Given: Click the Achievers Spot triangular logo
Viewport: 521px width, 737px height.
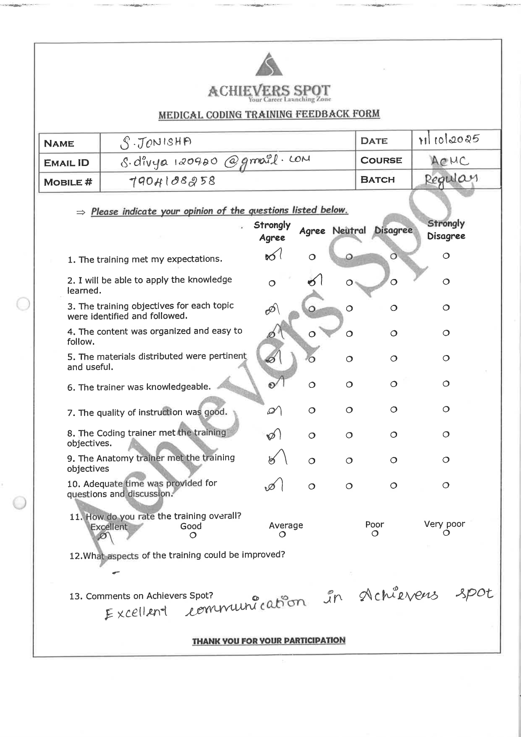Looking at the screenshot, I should coord(269,66).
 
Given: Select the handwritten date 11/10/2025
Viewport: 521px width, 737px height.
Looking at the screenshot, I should coord(448,140).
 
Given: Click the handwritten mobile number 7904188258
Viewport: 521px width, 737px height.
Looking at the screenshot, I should coord(172,182).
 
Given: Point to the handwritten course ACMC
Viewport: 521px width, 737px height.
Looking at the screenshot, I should coord(449,161).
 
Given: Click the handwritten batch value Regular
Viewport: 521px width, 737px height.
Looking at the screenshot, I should coord(451,179).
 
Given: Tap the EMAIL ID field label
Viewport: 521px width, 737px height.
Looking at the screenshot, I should coord(66,163).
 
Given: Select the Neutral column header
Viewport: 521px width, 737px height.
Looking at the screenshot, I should coord(349,231).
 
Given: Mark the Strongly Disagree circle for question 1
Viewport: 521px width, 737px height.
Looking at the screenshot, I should coord(446,255).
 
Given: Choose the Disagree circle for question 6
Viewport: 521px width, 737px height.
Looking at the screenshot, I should coord(393,384).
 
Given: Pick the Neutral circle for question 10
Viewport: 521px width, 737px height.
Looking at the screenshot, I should coord(349,486).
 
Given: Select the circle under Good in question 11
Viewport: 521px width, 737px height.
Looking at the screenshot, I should coord(193,535).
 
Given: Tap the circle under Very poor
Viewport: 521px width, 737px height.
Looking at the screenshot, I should coord(446,533).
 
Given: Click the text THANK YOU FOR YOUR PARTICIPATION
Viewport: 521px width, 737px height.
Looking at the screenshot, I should coord(268,641).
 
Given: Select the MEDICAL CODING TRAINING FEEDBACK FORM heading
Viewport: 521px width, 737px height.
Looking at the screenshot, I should coord(269,114).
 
